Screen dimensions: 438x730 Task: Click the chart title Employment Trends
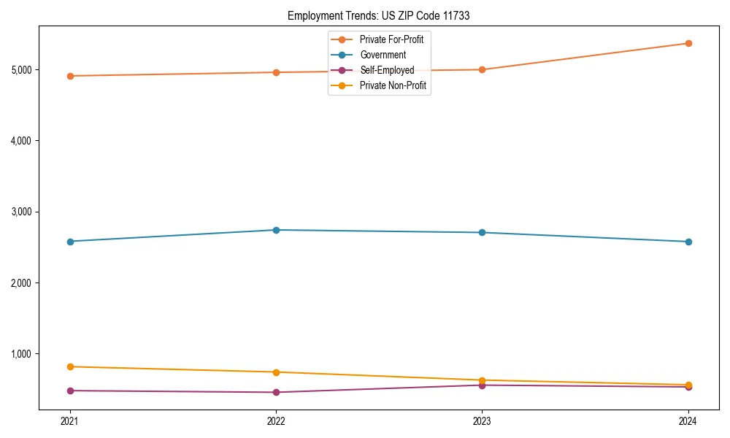point(379,15)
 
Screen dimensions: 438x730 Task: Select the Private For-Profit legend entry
point(391,39)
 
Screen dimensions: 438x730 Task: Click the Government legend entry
point(383,55)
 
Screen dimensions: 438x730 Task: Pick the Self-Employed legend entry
point(387,70)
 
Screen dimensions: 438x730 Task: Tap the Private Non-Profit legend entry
point(393,86)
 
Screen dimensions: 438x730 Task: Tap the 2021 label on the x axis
point(70,420)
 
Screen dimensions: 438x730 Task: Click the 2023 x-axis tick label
point(482,420)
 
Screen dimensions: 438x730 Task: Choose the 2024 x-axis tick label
point(688,420)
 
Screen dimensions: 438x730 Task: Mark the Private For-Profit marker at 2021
point(70,76)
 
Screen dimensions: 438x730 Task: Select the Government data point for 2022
point(276,230)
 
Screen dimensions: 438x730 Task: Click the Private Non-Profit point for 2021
point(70,366)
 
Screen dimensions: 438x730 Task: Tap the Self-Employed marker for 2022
point(276,392)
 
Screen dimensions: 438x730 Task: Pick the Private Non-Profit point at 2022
point(276,372)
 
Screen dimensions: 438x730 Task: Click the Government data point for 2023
point(482,233)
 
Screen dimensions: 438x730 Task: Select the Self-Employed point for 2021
point(70,391)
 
